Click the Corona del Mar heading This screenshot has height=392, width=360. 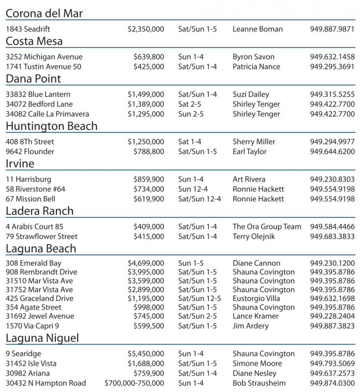(x=44, y=13)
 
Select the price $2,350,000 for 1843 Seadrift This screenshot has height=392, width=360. (x=146, y=29)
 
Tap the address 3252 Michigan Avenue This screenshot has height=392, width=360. (x=44, y=57)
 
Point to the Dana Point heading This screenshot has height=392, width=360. (x=33, y=79)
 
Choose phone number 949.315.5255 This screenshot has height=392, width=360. (x=332, y=95)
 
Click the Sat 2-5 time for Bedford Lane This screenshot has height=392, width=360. (x=190, y=104)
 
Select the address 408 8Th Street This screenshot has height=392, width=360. (x=30, y=142)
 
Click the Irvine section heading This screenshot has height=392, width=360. (x=20, y=164)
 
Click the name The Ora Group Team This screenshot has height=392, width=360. (x=267, y=227)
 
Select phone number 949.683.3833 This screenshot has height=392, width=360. (x=332, y=237)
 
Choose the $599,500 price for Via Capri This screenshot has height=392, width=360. (x=149, y=326)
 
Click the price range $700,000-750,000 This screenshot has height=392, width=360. (x=134, y=383)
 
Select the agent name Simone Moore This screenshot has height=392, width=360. (x=257, y=364)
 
